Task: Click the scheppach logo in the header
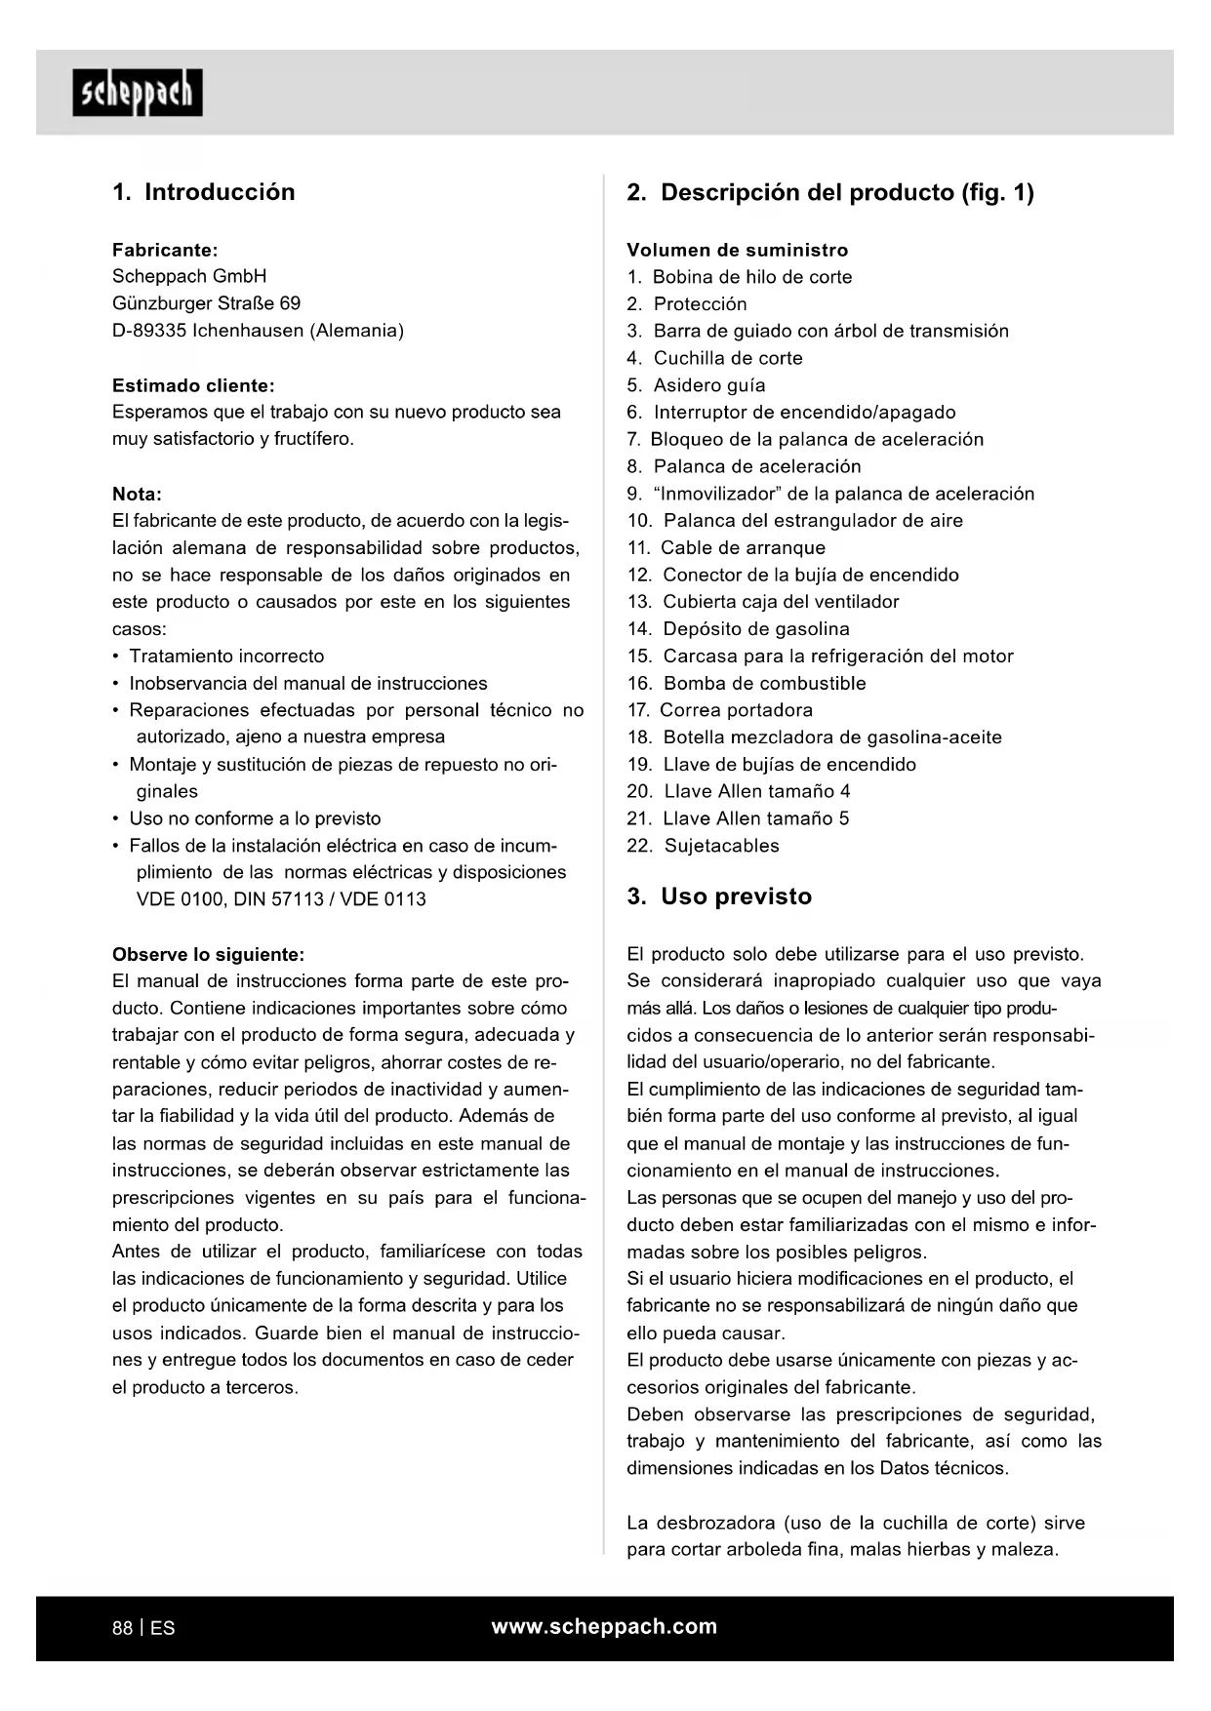(x=138, y=93)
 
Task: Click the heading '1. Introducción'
(x=203, y=192)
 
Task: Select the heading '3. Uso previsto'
(x=719, y=896)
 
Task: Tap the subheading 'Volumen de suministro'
(x=738, y=250)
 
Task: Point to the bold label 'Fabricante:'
(x=165, y=250)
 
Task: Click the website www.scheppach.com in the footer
(x=604, y=1626)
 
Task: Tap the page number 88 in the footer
(x=122, y=1628)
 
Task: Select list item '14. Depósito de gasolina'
(x=739, y=629)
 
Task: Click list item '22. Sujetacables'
(x=704, y=846)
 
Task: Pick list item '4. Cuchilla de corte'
(x=715, y=358)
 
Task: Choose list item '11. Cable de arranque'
(x=726, y=548)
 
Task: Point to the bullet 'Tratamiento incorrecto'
(x=226, y=657)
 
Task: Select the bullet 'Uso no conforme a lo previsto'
(x=255, y=818)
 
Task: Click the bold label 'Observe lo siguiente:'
(x=208, y=954)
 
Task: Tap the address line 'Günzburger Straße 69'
(x=206, y=303)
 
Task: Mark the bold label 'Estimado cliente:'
(x=193, y=385)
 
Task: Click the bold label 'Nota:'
(x=137, y=494)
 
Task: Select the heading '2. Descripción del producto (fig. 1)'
(x=830, y=192)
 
